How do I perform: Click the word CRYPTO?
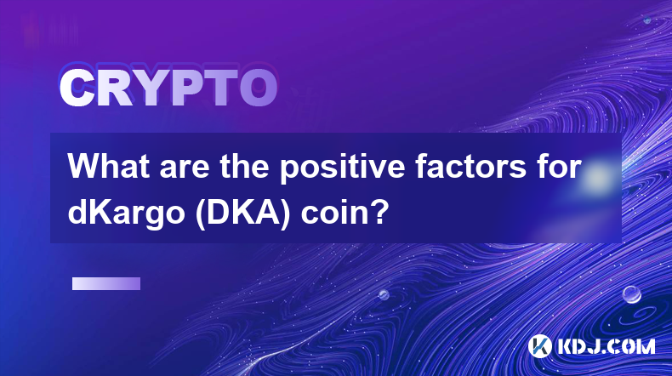point(168,88)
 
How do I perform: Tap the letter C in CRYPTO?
point(76,88)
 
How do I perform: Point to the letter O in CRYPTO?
point(258,88)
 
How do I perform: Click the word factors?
point(470,167)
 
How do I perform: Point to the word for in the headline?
point(558,167)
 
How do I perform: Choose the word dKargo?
point(127,214)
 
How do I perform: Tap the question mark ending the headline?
point(379,212)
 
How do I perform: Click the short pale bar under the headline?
point(106,283)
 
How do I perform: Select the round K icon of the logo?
point(540,346)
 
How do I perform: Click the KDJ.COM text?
point(606,346)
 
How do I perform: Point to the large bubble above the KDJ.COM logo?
point(631,294)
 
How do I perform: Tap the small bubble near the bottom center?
point(384,294)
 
